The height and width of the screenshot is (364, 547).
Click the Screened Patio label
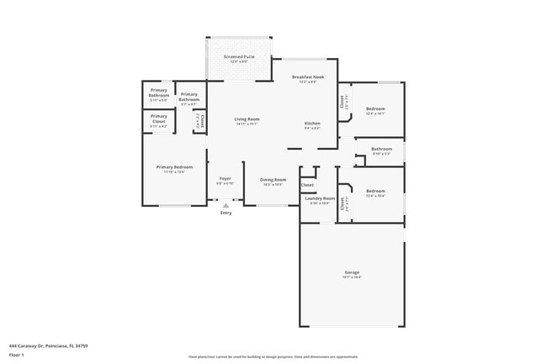pos(238,57)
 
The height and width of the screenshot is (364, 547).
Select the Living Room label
pos(247,119)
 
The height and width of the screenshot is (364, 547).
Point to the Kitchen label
pos(312,124)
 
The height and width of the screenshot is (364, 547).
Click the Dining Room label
pos(273,179)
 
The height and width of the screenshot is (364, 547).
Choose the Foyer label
pos(226,178)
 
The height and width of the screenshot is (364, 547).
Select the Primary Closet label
pos(159,116)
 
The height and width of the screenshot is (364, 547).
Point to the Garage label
pos(352,272)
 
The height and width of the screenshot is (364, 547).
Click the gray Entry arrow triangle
pos(226,204)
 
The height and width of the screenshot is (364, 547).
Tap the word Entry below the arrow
pos(226,213)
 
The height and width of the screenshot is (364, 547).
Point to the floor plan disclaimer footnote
pos(273,357)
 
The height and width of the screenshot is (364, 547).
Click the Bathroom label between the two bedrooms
pos(381,149)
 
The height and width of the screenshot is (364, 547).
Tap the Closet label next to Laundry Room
pos(307,184)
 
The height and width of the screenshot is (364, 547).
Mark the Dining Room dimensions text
pos(273,184)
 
